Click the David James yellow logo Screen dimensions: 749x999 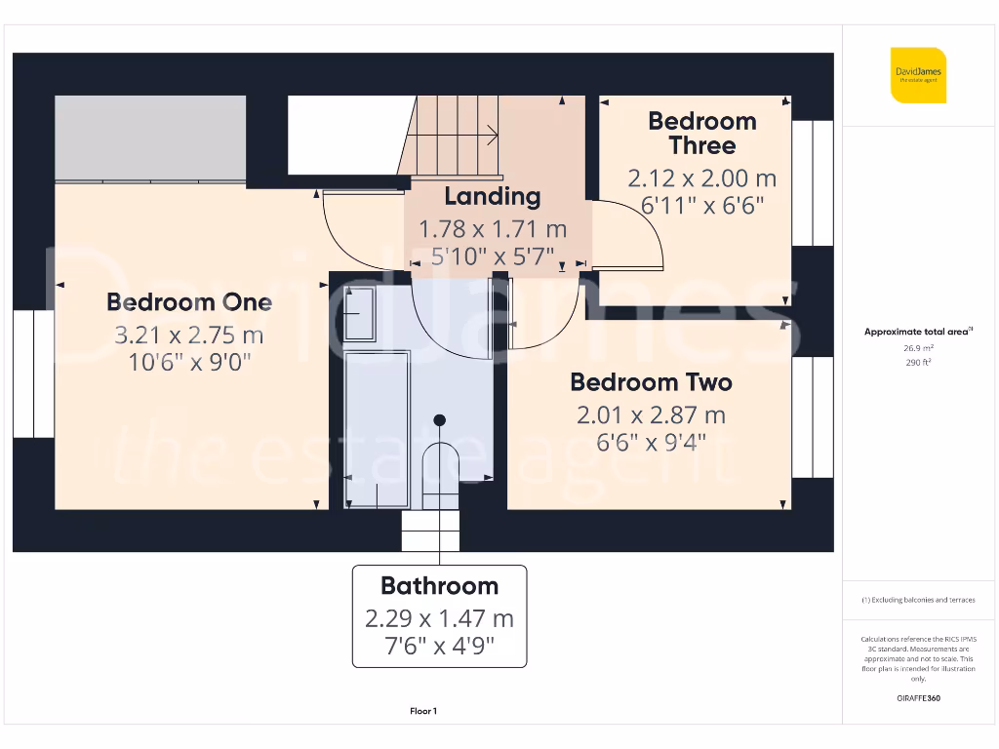[x=918, y=74]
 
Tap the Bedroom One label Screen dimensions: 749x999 [x=189, y=302]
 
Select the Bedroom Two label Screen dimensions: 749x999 [x=651, y=382]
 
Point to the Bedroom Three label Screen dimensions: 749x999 [x=702, y=134]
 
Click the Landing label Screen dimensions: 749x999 [x=492, y=196]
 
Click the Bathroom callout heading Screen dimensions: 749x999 [x=439, y=586]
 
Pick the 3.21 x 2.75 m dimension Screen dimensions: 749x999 [x=189, y=336]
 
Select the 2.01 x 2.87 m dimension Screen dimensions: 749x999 [x=651, y=415]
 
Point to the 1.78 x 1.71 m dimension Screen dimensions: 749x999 [x=492, y=230]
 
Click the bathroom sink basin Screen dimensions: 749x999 [x=359, y=312]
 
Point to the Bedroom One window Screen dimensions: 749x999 [x=33, y=374]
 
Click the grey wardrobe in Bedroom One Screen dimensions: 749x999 [x=150, y=138]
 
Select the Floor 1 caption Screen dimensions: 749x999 [x=423, y=712]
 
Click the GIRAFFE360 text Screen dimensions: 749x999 [x=917, y=698]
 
